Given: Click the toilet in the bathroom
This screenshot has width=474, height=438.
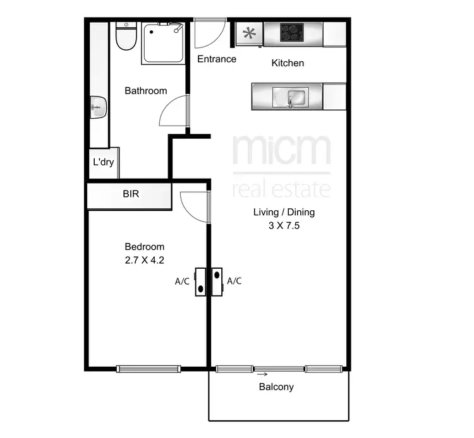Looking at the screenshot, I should tap(126, 38).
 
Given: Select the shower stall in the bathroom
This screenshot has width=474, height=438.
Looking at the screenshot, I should tap(163, 43).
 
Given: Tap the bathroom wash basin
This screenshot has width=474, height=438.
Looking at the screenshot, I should tap(97, 107).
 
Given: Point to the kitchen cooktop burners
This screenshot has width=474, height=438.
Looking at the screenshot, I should tap(293, 32).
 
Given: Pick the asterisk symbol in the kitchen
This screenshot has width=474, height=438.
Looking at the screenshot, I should tap(250, 33).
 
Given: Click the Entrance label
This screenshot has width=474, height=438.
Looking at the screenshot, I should tap(217, 59).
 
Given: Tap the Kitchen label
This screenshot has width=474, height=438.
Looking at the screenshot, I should tap(288, 63).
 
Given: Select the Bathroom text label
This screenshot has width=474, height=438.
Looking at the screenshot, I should tap(145, 91).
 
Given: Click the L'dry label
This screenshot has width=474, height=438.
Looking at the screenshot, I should tap(103, 162).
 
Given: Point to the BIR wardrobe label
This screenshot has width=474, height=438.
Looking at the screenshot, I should tap(131, 194).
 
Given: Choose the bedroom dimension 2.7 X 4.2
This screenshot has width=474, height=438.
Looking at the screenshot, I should tap(144, 259).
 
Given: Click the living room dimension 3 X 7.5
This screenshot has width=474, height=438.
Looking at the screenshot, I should tap(283, 225).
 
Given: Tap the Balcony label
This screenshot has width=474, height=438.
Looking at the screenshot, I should tap(276, 387).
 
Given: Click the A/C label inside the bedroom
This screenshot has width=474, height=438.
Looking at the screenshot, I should tap(182, 281).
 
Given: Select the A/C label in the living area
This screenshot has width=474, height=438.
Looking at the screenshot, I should tap(234, 281).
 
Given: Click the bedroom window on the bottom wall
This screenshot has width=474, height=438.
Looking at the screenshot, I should tap(149, 369).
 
